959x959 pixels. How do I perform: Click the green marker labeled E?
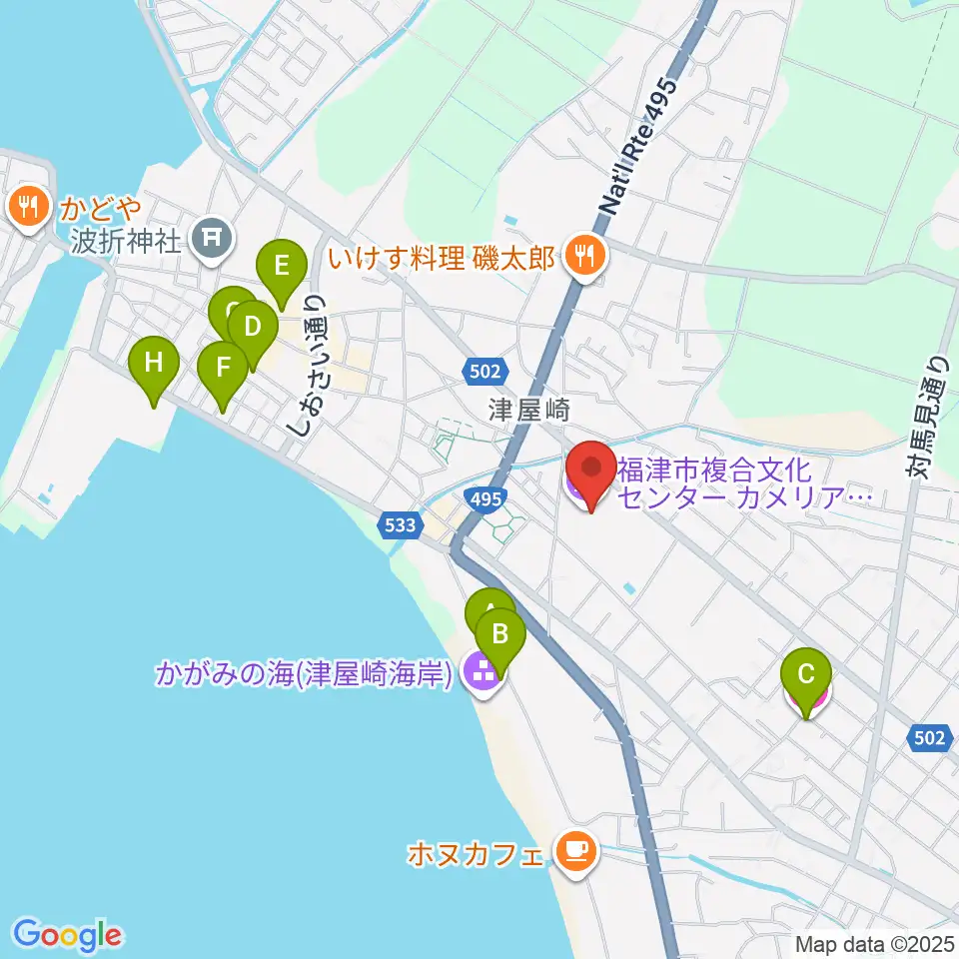pos(281,268)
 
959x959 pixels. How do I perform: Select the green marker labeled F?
pos(223,367)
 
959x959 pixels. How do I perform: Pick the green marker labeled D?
pos(252,328)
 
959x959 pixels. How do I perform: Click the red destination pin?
pos(590,469)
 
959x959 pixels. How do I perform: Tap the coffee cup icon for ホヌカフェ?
pos(573,851)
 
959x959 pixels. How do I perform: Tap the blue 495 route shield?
pos(484,496)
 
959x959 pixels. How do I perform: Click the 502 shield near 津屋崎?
pos(483,372)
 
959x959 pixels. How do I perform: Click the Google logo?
pos(67,935)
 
